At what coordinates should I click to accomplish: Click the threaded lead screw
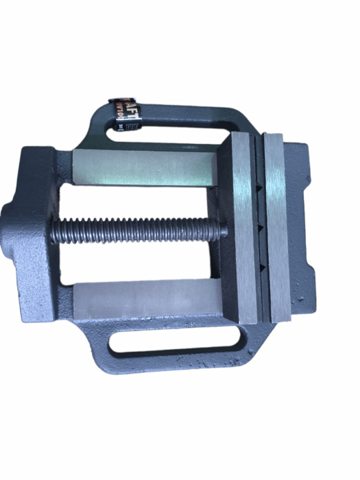[x=137, y=230]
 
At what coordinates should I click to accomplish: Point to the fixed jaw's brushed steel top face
[x=277, y=226]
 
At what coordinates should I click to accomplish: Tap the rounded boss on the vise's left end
[x=9, y=226]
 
